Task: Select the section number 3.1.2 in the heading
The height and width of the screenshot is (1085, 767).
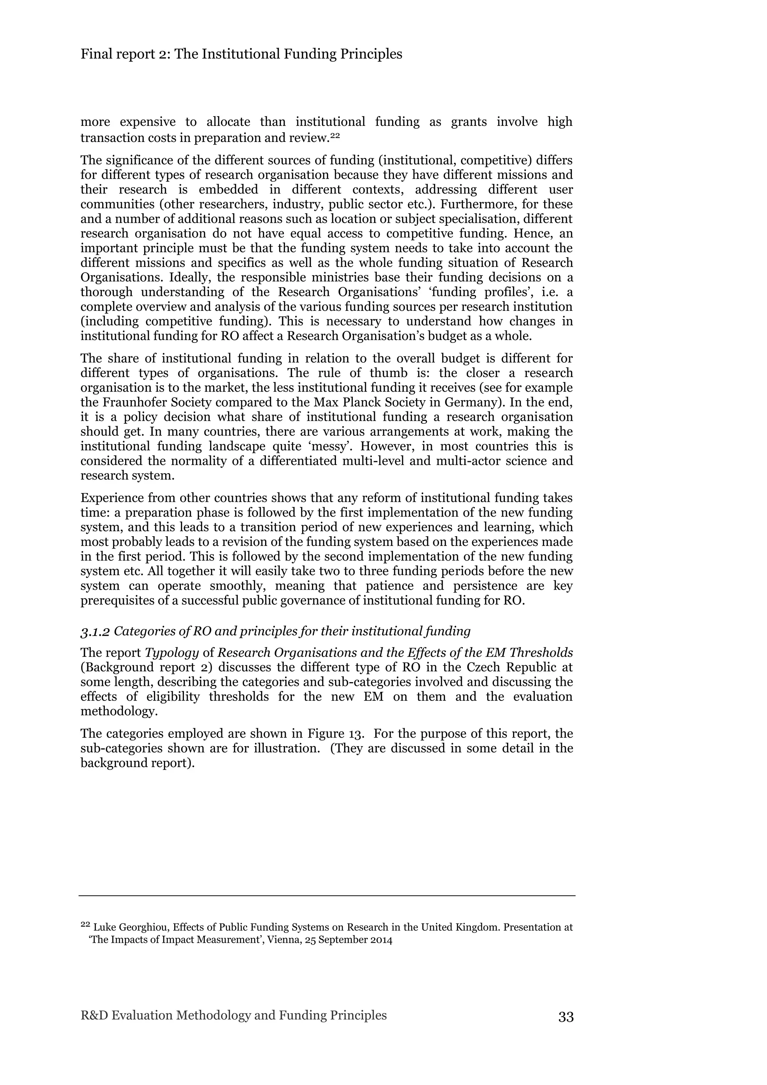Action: [95, 631]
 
